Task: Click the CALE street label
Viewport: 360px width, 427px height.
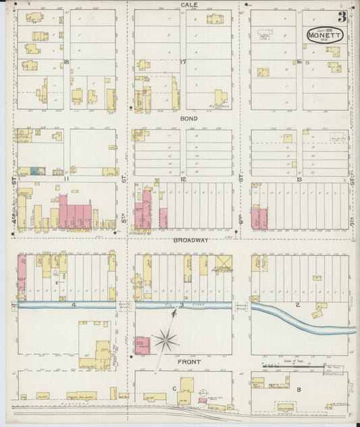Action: [188, 5]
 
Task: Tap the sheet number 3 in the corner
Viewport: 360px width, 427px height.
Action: [342, 17]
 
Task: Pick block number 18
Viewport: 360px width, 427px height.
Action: [66, 61]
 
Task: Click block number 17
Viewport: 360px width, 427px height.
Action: [183, 61]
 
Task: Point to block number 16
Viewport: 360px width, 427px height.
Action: [299, 61]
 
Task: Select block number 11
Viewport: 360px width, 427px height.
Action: [66, 179]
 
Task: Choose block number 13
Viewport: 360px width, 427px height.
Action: [299, 179]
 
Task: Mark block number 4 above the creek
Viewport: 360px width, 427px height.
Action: [66, 305]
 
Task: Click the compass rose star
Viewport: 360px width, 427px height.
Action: [164, 341]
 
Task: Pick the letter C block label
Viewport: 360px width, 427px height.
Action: [174, 388]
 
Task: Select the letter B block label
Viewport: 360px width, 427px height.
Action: [298, 389]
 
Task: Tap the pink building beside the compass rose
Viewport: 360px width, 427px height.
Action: [143, 345]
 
